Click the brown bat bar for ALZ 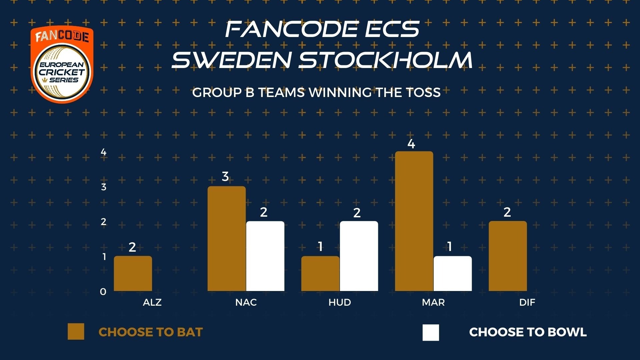133,273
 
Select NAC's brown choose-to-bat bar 227,238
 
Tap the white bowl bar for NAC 265,256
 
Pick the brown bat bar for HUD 320,273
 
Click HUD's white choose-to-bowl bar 359,256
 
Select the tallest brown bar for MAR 414,221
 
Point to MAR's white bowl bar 453,273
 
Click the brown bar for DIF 508,256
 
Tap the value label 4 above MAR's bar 411,144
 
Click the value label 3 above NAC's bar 225,176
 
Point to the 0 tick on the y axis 103,292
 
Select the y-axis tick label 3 104,187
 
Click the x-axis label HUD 340,302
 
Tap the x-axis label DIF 527,302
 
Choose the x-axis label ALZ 152,302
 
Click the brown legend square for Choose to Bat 76,332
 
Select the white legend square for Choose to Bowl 431,332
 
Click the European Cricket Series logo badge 62,64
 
